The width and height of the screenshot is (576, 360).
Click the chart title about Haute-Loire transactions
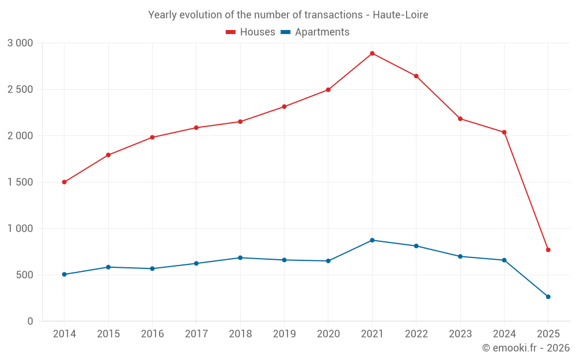(x=288, y=15)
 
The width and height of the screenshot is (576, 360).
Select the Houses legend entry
(x=251, y=32)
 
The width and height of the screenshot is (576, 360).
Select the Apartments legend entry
(x=315, y=32)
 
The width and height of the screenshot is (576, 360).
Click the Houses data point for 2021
(x=372, y=54)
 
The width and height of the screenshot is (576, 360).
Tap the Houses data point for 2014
(x=64, y=182)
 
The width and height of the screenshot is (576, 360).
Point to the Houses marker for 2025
(x=548, y=250)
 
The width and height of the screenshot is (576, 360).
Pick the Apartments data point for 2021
(x=372, y=240)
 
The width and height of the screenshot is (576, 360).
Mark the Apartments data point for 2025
(x=548, y=297)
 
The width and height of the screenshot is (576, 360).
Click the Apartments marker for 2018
(x=240, y=257)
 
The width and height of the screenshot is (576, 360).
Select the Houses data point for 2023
(x=460, y=119)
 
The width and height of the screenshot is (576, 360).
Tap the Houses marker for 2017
(x=196, y=128)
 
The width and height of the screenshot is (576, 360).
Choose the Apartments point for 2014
(x=64, y=274)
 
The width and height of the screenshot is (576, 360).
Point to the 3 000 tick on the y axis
(x=21, y=43)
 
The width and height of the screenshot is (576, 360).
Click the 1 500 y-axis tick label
(x=21, y=182)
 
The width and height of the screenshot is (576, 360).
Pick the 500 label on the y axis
(x=24, y=275)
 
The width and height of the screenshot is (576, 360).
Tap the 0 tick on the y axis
(x=31, y=321)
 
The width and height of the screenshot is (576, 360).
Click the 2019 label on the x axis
(x=284, y=334)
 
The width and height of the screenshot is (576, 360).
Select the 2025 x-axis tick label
(x=548, y=334)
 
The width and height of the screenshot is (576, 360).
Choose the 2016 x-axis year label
(x=152, y=334)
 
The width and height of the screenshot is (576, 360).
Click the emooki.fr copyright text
(x=526, y=348)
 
